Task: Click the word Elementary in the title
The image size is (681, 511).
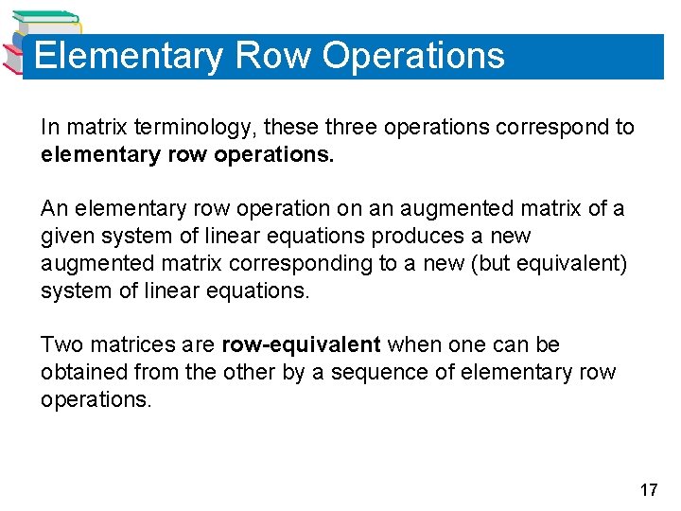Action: click(128, 56)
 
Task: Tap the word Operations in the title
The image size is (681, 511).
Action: click(413, 56)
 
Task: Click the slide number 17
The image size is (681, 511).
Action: click(648, 490)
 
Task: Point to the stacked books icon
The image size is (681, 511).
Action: click(38, 43)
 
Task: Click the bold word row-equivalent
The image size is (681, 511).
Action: click(301, 345)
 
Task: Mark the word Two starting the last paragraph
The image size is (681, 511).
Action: click(61, 345)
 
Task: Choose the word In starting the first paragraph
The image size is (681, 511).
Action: click(49, 127)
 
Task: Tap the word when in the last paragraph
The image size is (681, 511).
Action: click(416, 345)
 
